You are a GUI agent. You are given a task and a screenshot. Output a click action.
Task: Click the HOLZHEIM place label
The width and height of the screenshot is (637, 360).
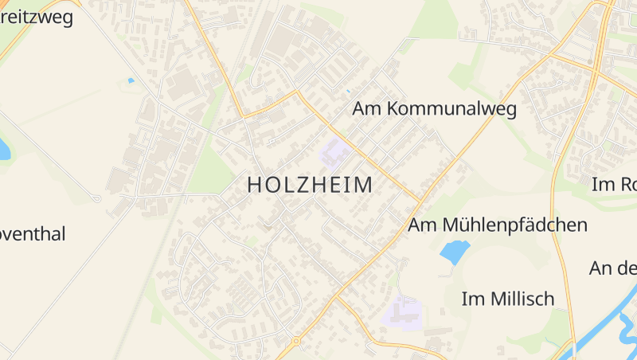[x=310, y=185]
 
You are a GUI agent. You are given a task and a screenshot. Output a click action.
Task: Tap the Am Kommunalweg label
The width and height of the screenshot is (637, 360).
[x=435, y=109]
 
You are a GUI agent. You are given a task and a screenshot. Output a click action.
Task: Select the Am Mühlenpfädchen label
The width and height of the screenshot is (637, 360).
[x=498, y=225]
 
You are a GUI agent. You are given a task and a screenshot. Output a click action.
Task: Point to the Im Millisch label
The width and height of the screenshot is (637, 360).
[x=508, y=299]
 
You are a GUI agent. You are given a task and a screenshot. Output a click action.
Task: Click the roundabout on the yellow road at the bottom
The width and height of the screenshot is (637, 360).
[x=296, y=342]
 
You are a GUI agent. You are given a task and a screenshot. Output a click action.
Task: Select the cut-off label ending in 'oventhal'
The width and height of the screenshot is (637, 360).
[x=32, y=234]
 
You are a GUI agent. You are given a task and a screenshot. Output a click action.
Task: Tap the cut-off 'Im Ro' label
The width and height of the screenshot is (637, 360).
[x=614, y=185]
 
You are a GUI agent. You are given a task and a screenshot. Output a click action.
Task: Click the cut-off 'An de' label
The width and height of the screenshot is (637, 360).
[x=613, y=268]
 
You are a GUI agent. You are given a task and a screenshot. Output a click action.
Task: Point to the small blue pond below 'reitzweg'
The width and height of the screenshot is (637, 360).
[x=131, y=80]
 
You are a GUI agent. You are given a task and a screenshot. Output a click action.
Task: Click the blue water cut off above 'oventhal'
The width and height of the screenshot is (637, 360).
[x=4, y=149]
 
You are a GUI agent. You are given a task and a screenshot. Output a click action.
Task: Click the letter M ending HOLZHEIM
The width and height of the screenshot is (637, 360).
[x=363, y=185]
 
